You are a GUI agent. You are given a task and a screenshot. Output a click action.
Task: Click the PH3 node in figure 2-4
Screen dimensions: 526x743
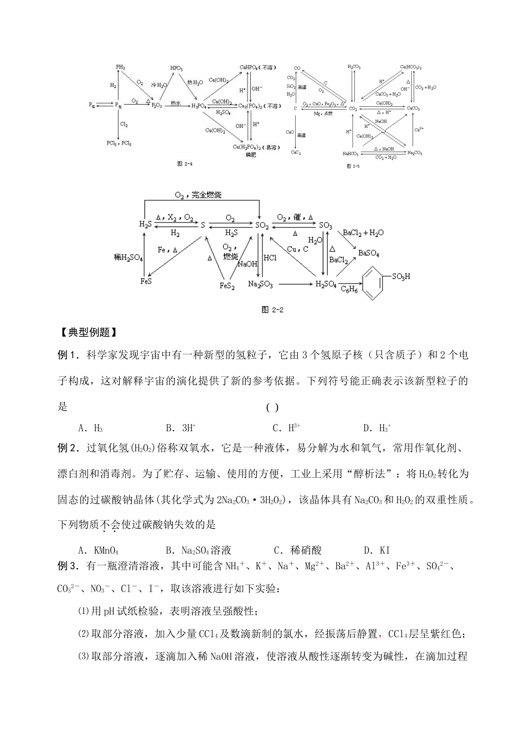(x=121, y=67)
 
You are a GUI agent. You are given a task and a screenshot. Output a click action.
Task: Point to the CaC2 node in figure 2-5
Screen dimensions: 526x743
(x=297, y=152)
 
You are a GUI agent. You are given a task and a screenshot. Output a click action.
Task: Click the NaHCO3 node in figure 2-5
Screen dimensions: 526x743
(x=350, y=153)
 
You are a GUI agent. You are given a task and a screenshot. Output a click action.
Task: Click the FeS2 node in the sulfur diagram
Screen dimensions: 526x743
(x=226, y=286)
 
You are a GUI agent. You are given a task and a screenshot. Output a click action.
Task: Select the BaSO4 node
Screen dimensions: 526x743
(x=369, y=253)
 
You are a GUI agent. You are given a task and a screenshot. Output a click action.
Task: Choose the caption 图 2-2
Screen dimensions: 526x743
(x=271, y=309)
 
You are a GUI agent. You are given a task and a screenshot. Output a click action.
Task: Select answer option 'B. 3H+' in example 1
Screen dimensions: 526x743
(x=181, y=427)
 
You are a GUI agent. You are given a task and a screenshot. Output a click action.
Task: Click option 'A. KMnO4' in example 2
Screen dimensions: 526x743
(x=99, y=550)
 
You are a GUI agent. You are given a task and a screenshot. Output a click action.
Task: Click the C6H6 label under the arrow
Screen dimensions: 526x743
(x=349, y=289)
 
